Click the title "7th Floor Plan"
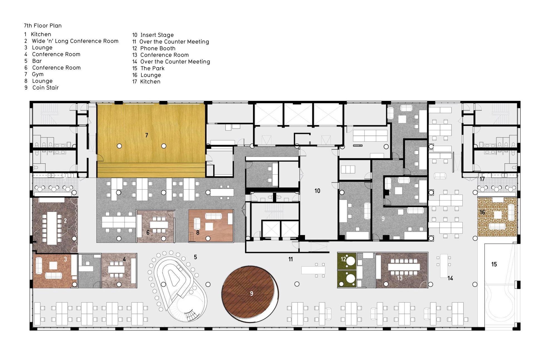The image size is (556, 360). click(43, 26)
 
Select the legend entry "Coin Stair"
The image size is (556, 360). click(46, 88)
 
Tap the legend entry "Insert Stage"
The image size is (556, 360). click(157, 35)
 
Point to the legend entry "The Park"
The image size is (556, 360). click(153, 68)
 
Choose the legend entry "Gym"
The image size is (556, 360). click(38, 74)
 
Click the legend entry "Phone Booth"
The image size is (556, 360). click(158, 48)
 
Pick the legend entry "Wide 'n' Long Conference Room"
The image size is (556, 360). click(75, 41)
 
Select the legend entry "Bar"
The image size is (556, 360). click(37, 61)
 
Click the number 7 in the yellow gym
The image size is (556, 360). click(147, 135)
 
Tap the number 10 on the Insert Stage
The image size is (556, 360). click(317, 191)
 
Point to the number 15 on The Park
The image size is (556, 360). click(494, 264)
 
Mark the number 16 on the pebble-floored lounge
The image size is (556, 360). click(482, 212)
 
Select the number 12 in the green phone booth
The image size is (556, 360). click(343, 259)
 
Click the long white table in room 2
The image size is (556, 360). click(52, 228)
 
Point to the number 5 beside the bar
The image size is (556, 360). click(195, 257)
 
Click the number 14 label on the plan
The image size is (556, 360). click(450, 278)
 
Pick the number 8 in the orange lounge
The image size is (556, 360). click(198, 232)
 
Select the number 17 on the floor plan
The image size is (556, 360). click(482, 179)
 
